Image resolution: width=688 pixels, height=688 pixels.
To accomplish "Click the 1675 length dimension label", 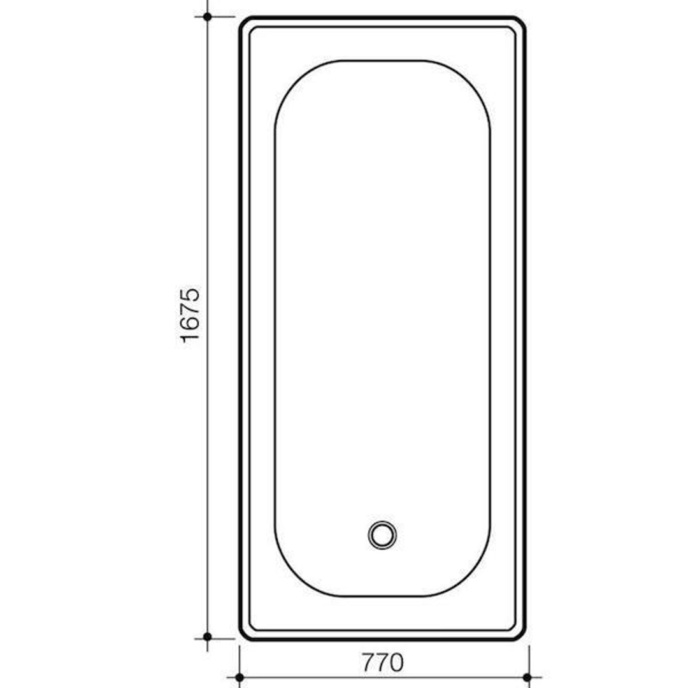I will pyautogui.click(x=190, y=315).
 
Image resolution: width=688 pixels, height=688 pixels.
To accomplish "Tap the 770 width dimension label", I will pyautogui.click(x=383, y=663).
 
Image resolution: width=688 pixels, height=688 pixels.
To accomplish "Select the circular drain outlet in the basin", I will pyautogui.click(x=382, y=534).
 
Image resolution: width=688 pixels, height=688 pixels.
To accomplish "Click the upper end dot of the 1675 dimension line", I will pyautogui.click(x=207, y=17).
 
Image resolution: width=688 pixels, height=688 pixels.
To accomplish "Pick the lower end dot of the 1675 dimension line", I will pyautogui.click(x=207, y=636).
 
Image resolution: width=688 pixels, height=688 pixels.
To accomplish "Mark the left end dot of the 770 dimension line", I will pyautogui.click(x=240, y=677).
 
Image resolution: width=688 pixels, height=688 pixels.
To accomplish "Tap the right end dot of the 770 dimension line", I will pyautogui.click(x=527, y=677).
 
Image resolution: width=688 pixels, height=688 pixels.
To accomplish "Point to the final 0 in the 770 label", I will pyautogui.click(x=396, y=663).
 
